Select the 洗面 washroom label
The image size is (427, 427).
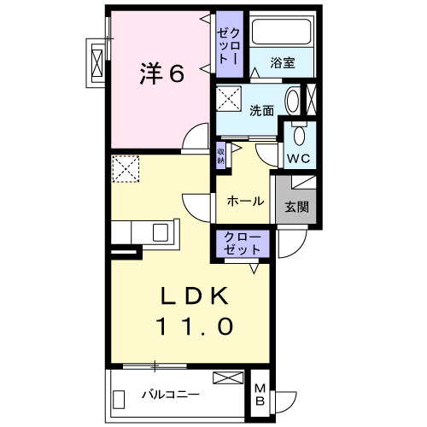tap(262, 110)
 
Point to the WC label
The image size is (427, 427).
tap(298, 159)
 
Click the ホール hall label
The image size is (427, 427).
tap(245, 202)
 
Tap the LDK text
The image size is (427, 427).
tap(196, 297)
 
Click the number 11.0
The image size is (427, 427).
tap(195, 325)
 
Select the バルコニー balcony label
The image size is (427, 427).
tap(170, 395)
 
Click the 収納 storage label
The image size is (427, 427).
tap(220, 154)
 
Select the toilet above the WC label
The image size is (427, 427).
tap(299, 136)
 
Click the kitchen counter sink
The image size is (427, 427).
tap(161, 231)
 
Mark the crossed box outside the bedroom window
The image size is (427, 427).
tap(97, 63)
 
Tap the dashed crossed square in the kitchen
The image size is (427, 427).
tap(126, 168)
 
